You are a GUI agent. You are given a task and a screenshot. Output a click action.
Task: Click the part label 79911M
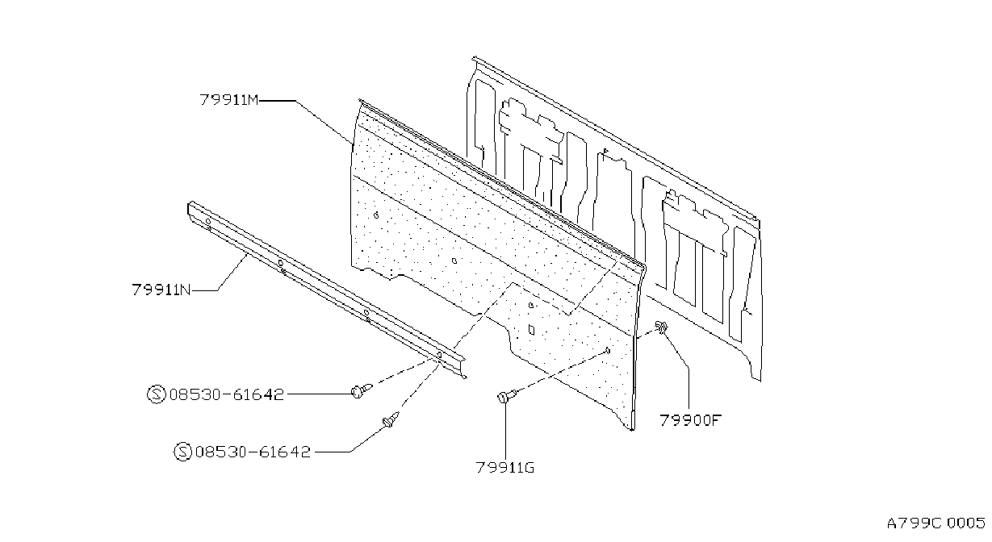[x=229, y=100]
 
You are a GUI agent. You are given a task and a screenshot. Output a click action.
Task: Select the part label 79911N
[x=161, y=290]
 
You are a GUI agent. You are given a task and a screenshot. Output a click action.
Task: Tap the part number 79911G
[x=505, y=468]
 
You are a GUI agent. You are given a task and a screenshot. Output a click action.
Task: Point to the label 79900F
[x=691, y=420]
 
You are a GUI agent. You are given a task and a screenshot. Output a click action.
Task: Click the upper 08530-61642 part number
[x=226, y=394]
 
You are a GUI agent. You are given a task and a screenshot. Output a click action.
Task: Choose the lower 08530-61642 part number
[x=253, y=452]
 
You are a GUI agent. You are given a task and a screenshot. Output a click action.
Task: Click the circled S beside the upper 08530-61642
[x=156, y=394]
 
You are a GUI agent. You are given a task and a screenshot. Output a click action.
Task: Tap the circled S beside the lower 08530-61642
[x=182, y=452]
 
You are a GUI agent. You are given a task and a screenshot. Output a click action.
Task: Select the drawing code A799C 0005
[x=935, y=523]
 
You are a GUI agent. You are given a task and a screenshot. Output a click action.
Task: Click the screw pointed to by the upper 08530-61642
[x=362, y=390]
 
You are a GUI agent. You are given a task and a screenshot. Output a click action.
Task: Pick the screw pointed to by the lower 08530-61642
[x=391, y=419]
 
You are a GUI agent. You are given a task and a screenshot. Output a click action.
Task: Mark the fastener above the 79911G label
[x=506, y=395]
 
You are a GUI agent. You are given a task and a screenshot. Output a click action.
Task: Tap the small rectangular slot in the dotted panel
[x=532, y=330]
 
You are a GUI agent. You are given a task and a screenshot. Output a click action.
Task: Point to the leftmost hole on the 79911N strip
[x=207, y=221]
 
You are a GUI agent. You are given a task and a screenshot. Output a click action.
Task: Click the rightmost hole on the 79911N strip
[x=439, y=354]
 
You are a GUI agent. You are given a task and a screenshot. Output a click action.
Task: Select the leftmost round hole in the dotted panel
[x=376, y=215]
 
